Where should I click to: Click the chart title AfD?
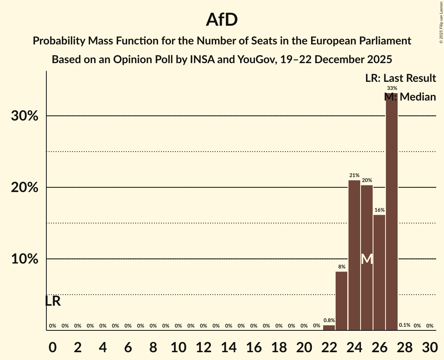222,20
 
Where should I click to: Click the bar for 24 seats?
354,255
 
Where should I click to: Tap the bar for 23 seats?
341,301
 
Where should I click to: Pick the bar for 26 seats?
379,272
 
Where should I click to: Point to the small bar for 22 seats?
329,328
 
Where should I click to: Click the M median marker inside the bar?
367,259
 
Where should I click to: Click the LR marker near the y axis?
53,301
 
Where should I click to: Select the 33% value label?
392,88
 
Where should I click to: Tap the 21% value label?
354,175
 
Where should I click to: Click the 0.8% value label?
329,320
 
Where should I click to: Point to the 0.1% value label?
405,325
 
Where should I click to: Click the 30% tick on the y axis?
25,116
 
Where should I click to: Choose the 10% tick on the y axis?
25,259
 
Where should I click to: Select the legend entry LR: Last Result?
400,78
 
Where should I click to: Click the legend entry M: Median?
410,97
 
